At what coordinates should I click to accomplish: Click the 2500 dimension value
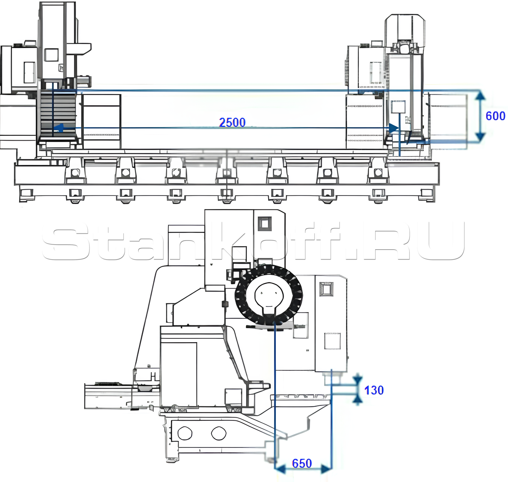tap(232, 122)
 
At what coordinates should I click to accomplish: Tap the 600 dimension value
tap(495, 116)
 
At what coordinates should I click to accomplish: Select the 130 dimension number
tap(373, 390)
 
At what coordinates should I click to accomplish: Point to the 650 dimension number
tap(302, 463)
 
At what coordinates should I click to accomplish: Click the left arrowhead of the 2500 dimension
tap(59, 128)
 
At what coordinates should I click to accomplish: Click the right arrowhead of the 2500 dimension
tap(394, 128)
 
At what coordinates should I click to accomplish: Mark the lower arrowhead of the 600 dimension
tap(480, 136)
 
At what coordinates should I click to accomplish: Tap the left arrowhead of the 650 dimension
tap(280, 468)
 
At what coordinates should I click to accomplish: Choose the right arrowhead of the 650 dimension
tap(326, 468)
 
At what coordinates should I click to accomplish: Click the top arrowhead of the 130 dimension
tap(357, 380)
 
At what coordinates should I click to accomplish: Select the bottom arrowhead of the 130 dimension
tap(357, 400)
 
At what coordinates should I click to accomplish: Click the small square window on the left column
tap(51, 55)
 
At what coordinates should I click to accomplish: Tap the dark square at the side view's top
tap(265, 223)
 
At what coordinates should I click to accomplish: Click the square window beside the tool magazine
tap(327, 289)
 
